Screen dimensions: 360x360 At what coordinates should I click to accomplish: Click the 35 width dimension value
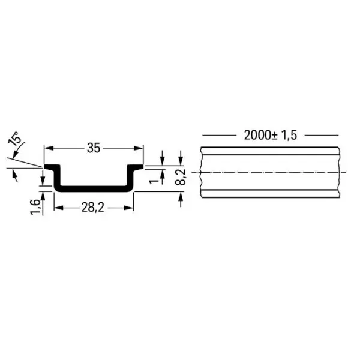click(x=94, y=148)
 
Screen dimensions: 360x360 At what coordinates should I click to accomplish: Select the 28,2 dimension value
click(x=93, y=208)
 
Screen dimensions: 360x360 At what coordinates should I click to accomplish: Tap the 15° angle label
click(x=14, y=139)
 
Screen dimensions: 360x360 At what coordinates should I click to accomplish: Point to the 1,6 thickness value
click(x=35, y=207)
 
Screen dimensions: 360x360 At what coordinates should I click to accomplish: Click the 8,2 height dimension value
click(x=180, y=177)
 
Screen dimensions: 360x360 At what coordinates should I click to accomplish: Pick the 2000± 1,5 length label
click(x=271, y=135)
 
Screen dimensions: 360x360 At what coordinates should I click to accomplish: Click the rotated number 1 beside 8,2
click(x=154, y=181)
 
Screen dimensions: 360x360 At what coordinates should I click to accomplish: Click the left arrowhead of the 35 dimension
click(x=49, y=148)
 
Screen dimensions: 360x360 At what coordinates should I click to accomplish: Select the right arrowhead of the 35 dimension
click(x=139, y=148)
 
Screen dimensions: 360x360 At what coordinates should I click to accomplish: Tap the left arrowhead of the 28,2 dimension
click(x=59, y=208)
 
